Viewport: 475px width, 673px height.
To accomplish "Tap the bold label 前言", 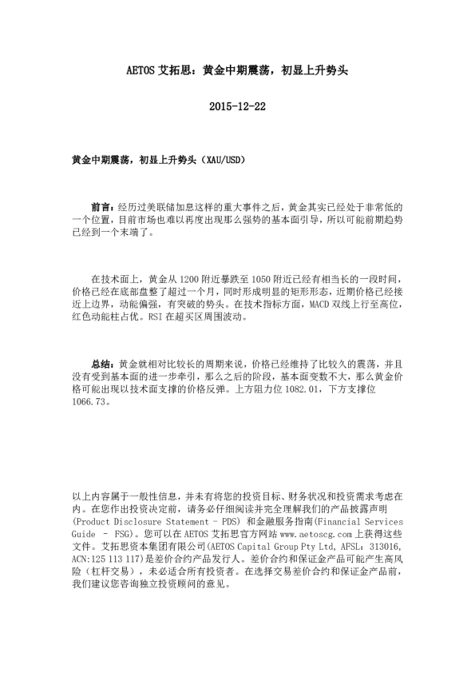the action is tap(102, 206).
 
